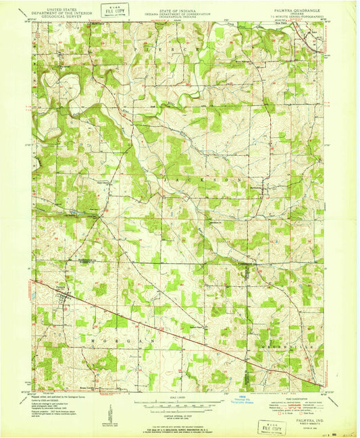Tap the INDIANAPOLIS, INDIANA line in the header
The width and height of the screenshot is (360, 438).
(x=178, y=18)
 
